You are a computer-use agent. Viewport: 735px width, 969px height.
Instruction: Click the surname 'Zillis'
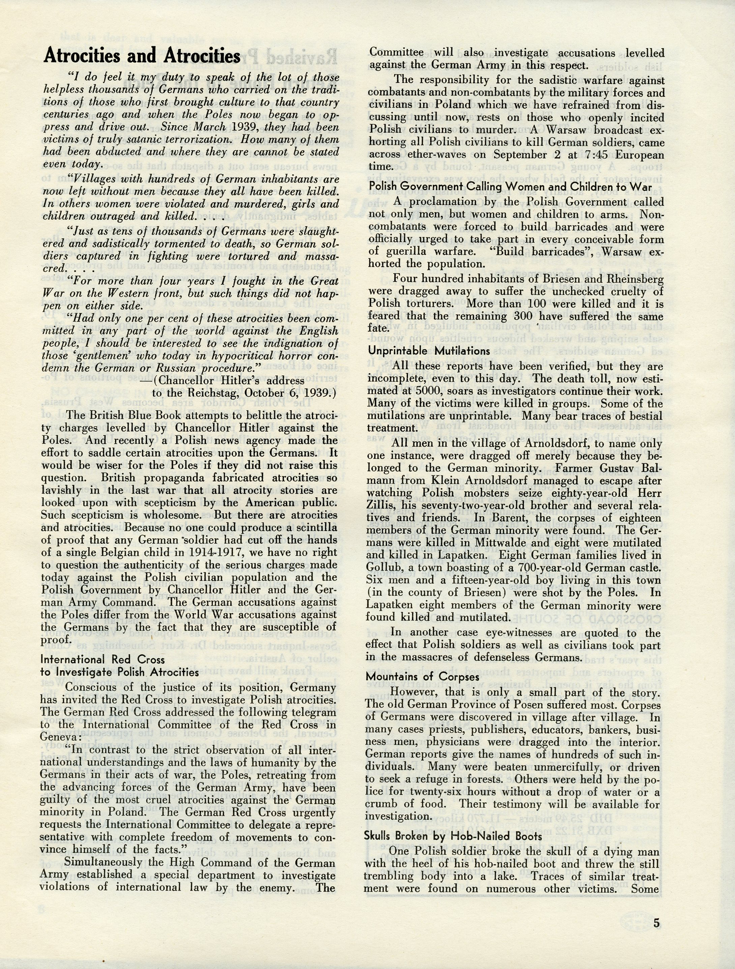pyautogui.click(x=385, y=506)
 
